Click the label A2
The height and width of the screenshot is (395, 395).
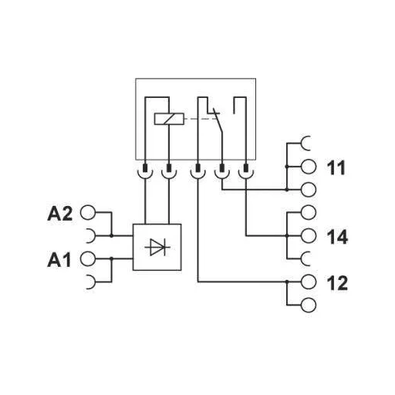point(60,213)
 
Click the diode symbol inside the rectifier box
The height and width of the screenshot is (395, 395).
point(159,247)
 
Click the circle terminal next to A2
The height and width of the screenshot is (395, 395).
point(87,212)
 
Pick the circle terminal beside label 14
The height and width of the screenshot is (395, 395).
point(307,235)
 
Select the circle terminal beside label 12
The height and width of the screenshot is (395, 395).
point(307,282)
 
